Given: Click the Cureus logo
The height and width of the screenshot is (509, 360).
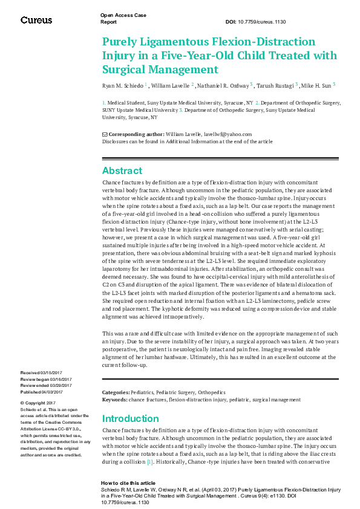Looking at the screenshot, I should (x=36, y=19).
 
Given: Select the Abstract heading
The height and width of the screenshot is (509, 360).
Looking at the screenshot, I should (x=122, y=170).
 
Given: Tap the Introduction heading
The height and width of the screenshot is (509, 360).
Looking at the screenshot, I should (x=131, y=418).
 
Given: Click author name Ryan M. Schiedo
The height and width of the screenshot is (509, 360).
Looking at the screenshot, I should (x=122, y=85).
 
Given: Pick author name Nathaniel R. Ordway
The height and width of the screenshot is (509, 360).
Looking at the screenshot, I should (x=227, y=85).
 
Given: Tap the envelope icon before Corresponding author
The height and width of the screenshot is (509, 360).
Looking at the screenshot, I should (x=105, y=134).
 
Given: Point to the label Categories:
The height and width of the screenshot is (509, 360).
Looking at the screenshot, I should (x=116, y=393).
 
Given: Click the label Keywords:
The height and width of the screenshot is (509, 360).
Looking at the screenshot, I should (x=114, y=400).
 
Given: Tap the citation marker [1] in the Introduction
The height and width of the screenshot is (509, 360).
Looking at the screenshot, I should (x=149, y=461).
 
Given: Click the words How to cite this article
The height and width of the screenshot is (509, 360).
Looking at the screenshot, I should (x=128, y=483).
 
